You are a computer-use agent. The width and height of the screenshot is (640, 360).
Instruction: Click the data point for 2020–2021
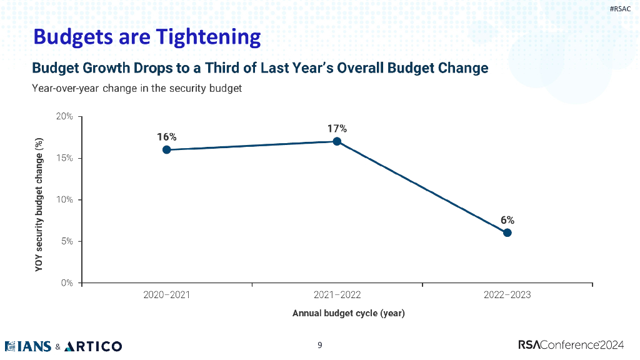pyautogui.click(x=166, y=150)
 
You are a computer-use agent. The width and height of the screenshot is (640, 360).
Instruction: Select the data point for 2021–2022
pyautogui.click(x=337, y=141)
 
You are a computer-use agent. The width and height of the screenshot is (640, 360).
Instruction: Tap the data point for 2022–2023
pyautogui.click(x=507, y=232)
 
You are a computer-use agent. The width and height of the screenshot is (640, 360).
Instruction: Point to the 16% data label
pyautogui.click(x=166, y=137)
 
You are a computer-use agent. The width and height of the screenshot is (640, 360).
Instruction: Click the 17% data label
pyautogui.click(x=337, y=128)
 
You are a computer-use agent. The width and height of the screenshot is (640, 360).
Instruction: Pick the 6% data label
pyautogui.click(x=507, y=220)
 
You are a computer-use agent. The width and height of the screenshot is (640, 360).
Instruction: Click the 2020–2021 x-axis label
pyautogui.click(x=166, y=295)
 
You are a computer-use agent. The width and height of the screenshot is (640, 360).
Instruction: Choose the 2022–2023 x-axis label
pyautogui.click(x=507, y=295)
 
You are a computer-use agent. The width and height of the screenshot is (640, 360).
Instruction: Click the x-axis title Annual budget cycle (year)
pyautogui.click(x=348, y=313)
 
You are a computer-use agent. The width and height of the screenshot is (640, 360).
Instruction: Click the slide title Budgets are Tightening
pyautogui.click(x=147, y=36)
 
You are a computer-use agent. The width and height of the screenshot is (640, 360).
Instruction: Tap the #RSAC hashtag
pyautogui.click(x=620, y=9)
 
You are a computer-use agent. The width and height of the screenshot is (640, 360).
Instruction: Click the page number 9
pyautogui.click(x=320, y=345)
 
